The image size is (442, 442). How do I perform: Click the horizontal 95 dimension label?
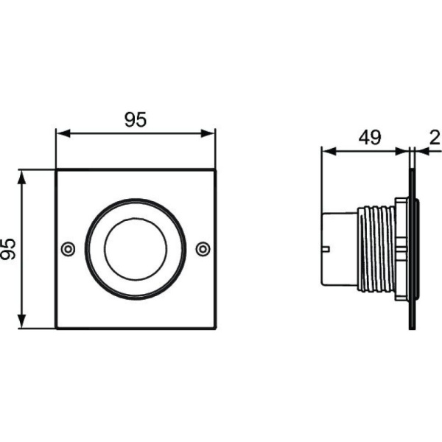click(x=136, y=120)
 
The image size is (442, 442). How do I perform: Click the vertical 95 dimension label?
click(x=9, y=249)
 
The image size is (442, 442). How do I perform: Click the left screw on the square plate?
click(x=69, y=249)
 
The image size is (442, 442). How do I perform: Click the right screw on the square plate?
click(x=203, y=249)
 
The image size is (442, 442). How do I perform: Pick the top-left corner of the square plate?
click(x=57, y=170)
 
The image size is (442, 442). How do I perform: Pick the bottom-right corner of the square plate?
click(x=215, y=329)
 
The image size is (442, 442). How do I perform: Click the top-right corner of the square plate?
click(x=215, y=170)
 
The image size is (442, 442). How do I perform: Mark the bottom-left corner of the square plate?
click(x=57, y=329)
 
